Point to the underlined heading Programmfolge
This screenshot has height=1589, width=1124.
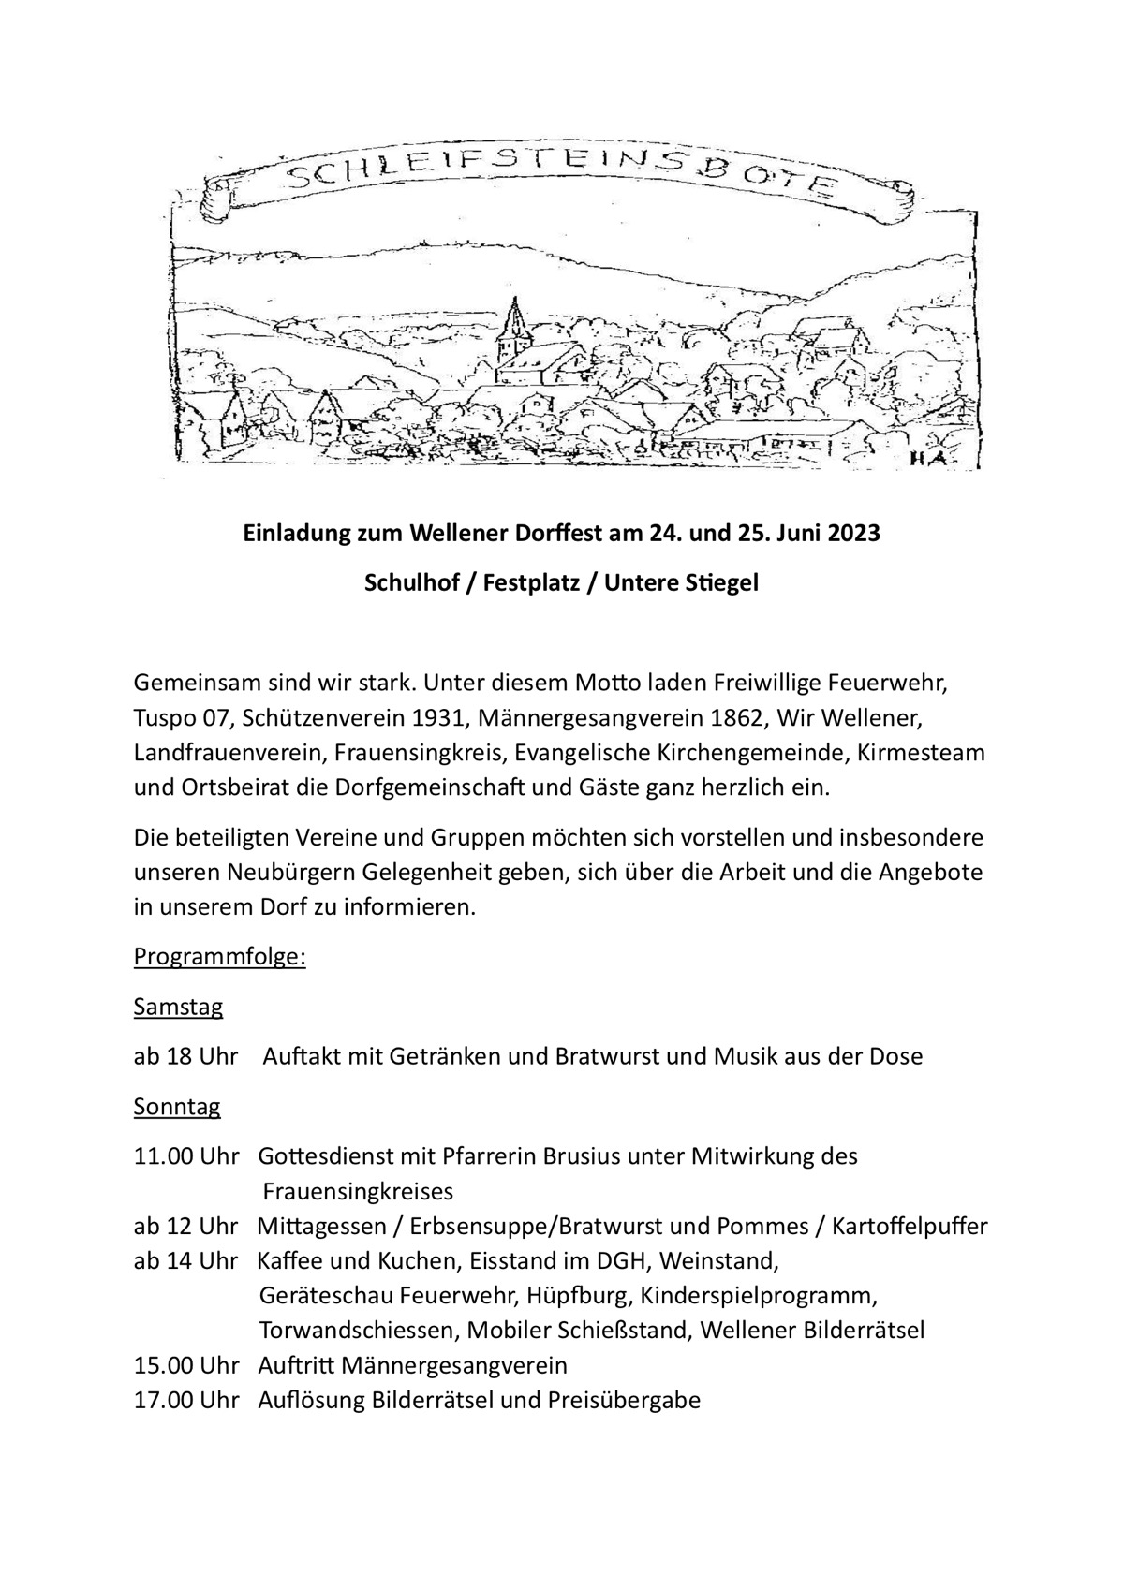[220, 958]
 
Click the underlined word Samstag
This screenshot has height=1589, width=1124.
[179, 1008]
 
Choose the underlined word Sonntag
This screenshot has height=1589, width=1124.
[177, 1107]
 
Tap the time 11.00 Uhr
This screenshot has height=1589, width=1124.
[186, 1156]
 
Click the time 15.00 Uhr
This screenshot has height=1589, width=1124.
[186, 1365]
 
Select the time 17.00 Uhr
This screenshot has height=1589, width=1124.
[186, 1401]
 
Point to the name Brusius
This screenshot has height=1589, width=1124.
[578, 1156]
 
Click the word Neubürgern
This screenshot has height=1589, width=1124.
[286, 873]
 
